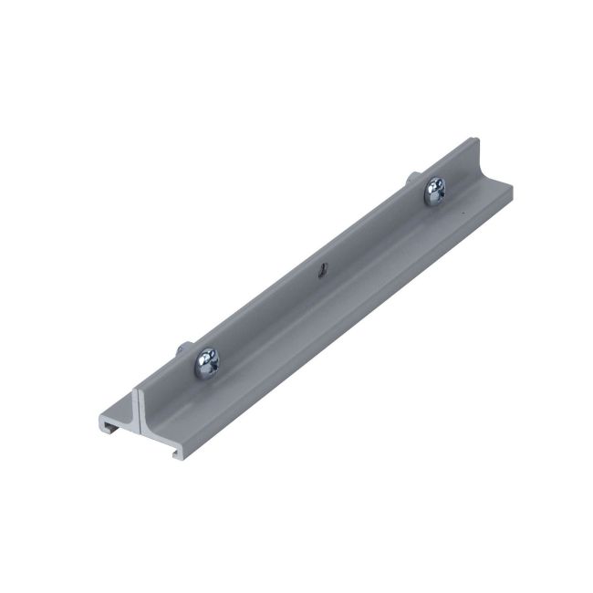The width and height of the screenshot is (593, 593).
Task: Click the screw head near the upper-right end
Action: point(434,191)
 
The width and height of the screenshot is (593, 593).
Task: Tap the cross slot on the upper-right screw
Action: point(434,191)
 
